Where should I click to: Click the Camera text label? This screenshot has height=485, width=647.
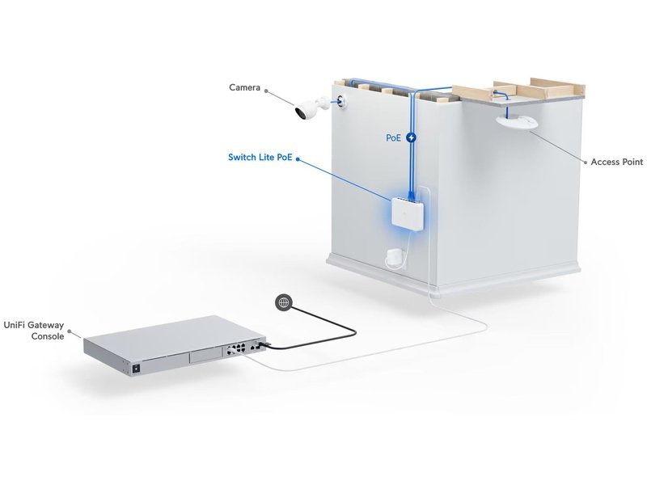[245, 87]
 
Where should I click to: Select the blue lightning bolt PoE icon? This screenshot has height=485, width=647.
[411, 137]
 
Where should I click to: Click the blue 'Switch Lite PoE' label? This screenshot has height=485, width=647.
[260, 157]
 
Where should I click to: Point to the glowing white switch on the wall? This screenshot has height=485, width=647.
[408, 213]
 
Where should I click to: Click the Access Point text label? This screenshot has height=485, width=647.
[617, 162]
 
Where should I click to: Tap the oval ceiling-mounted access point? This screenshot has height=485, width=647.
[517, 123]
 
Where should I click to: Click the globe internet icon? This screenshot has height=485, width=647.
[283, 302]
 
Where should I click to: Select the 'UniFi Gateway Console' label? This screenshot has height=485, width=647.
[34, 331]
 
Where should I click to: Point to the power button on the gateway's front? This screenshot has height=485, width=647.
[135, 368]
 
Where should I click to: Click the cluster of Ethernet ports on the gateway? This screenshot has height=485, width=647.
[235, 350]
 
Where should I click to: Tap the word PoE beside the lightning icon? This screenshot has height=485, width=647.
[393, 137]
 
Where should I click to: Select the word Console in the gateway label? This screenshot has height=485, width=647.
[48, 336]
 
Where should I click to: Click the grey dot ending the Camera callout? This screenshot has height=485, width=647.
[267, 91]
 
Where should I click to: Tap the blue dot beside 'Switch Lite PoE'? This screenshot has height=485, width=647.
[298, 158]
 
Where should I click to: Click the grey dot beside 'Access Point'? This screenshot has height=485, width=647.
[585, 162]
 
